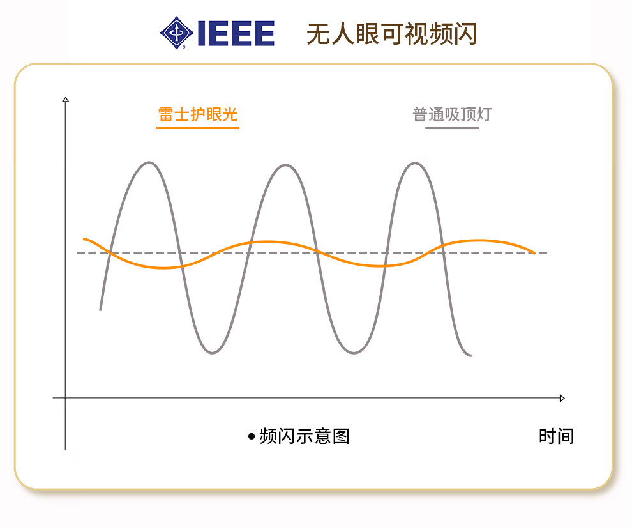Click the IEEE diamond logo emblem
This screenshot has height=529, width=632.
coord(177,33)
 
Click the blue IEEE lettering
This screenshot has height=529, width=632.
coord(236,33)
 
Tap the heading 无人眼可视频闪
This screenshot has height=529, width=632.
coord(392,34)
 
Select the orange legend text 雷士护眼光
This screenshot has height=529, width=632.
coord(197,114)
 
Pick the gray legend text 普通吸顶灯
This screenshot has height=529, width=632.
coord(452,114)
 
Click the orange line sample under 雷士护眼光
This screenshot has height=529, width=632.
coord(197,128)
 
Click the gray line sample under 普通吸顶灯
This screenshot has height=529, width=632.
coord(452,128)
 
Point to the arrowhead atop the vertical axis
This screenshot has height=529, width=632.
coord(66,99)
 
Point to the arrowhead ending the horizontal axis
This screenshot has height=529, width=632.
coord(562,398)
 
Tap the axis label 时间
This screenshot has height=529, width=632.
coord(556,436)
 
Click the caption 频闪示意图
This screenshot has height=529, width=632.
coord(305,436)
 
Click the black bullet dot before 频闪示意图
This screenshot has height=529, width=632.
coord(252,436)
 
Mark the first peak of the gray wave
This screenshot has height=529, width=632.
coord(149,163)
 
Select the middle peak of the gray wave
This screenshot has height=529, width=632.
coord(285,165)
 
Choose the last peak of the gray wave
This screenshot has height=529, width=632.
coord(415,164)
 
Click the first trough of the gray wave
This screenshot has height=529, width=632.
coord(213,353)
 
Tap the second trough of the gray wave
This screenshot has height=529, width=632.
coord(354,353)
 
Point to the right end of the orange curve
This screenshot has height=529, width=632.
coord(534,253)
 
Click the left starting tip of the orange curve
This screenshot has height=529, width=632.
coord(84,240)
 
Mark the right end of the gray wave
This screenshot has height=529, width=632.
coord(470,355)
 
